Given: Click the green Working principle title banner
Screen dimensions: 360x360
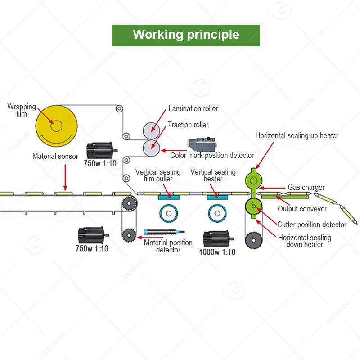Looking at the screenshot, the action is pos(186,36).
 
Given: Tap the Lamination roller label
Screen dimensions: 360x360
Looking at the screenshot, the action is pos(193,108).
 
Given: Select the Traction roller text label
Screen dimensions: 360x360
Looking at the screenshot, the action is pos(188,125).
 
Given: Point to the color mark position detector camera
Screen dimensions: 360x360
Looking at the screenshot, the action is pos(201,143).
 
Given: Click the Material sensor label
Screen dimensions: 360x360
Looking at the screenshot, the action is pos(55,156).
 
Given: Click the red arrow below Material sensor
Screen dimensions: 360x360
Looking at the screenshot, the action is pos(65,177).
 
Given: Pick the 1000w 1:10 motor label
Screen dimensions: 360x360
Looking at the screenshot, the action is pos(217,252).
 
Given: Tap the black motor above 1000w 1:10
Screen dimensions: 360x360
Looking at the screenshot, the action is pos(218,239).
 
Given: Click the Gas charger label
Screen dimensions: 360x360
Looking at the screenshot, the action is pos(306,187).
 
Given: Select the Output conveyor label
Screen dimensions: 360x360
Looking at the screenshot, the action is pos(302,209).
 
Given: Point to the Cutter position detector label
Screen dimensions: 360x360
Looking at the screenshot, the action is pos(312,225).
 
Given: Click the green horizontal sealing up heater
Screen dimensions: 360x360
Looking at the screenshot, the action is pos(253,181).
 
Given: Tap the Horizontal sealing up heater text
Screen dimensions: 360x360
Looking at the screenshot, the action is pos(297,135).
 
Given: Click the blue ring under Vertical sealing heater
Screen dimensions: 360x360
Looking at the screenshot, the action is pos(217,213).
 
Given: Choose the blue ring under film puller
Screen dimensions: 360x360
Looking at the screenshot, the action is pos(169,213).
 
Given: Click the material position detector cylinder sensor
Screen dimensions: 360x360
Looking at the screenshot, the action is pos(164,232).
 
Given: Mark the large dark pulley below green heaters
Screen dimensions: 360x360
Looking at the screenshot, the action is pos(254,240).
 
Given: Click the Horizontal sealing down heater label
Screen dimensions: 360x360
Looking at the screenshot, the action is pos(305,241).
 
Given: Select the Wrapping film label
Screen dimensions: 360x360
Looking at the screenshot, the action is pos(22,110).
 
